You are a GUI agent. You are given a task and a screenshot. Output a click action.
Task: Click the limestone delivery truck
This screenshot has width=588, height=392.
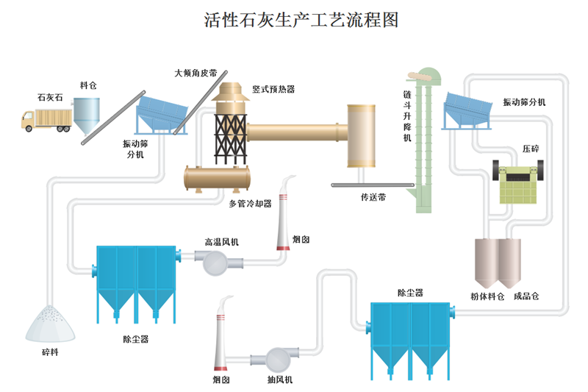point(46,119)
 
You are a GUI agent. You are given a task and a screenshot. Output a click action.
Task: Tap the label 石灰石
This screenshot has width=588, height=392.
point(50,96)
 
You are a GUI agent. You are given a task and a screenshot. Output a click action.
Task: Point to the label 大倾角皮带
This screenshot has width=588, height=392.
point(195,74)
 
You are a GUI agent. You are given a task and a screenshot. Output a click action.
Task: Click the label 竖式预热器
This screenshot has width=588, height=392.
point(273,89)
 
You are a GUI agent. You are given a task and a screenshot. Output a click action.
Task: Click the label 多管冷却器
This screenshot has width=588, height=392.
point(250,203)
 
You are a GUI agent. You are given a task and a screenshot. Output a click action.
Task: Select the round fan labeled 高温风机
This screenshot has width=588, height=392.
point(218,261)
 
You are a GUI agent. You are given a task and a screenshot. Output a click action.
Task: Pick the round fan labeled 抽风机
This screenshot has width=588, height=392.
point(279,358)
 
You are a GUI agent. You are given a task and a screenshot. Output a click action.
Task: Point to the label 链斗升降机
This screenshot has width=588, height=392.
point(407,118)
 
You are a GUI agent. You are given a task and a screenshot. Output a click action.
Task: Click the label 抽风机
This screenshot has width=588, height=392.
point(280,379)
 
